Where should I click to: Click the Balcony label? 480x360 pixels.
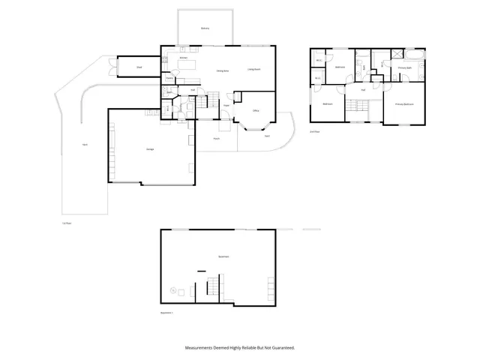point(205,28)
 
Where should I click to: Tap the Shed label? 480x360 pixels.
point(139,67)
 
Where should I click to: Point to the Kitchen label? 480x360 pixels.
point(183,58)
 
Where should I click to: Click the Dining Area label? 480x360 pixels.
point(223,70)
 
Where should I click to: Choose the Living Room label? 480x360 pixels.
point(253,69)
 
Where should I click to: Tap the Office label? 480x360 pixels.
point(256,111)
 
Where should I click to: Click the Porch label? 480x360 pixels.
point(216,138)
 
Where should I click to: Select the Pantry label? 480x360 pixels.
point(170,77)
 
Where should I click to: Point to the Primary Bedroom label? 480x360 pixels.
point(405,104)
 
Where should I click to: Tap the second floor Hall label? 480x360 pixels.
point(363,90)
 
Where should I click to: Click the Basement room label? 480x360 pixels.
point(223,256)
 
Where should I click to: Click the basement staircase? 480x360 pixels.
point(212,286)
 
